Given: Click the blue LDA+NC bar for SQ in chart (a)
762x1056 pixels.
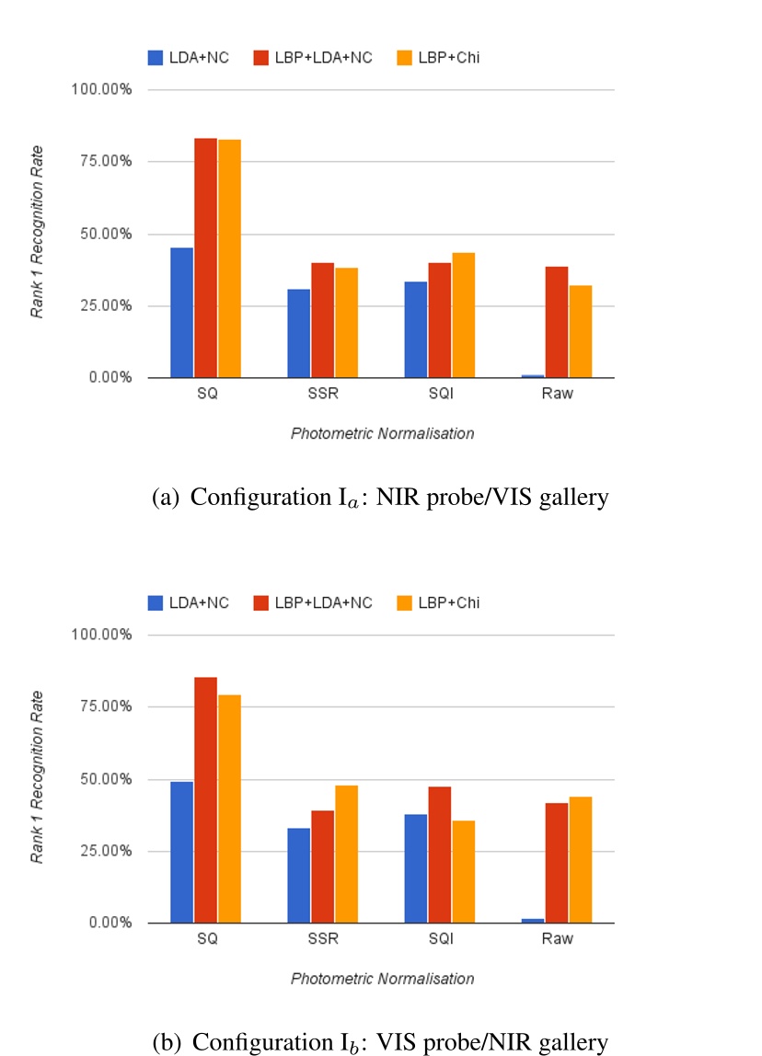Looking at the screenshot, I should [181, 313].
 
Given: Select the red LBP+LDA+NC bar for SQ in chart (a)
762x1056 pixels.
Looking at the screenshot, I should [205, 258].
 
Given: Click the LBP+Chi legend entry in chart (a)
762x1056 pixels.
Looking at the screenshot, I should [441, 58].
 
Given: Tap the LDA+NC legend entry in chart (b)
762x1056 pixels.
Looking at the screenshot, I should [188, 603].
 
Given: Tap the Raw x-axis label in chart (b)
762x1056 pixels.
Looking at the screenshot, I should [557, 939].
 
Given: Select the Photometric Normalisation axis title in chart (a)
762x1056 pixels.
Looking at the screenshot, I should [382, 433].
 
